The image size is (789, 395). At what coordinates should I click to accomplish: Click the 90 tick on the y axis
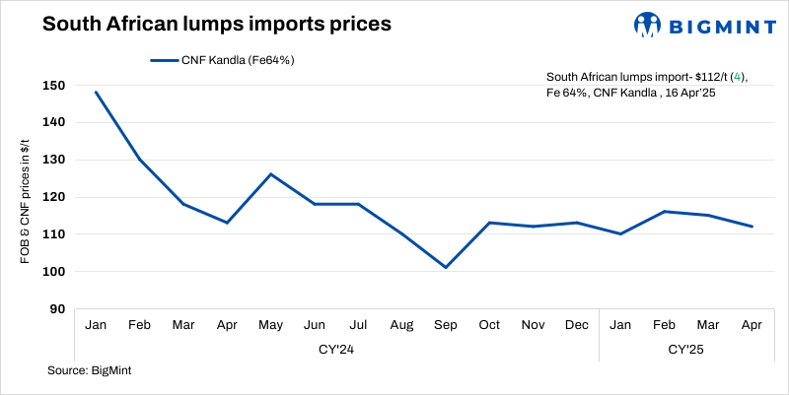tap(57, 308)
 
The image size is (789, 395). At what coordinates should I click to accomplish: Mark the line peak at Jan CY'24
tap(97, 93)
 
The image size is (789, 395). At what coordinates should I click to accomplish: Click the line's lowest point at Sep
tap(446, 267)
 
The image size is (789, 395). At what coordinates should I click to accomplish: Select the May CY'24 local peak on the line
tap(271, 174)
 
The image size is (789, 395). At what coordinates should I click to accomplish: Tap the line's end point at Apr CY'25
tap(753, 227)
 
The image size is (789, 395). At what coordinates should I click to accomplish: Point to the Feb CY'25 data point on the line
tap(665, 212)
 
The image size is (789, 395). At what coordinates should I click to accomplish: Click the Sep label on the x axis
tap(446, 324)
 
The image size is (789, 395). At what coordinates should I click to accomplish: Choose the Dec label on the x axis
tap(577, 324)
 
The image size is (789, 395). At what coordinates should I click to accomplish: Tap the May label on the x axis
tap(271, 324)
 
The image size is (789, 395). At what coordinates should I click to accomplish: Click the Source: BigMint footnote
tap(90, 370)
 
